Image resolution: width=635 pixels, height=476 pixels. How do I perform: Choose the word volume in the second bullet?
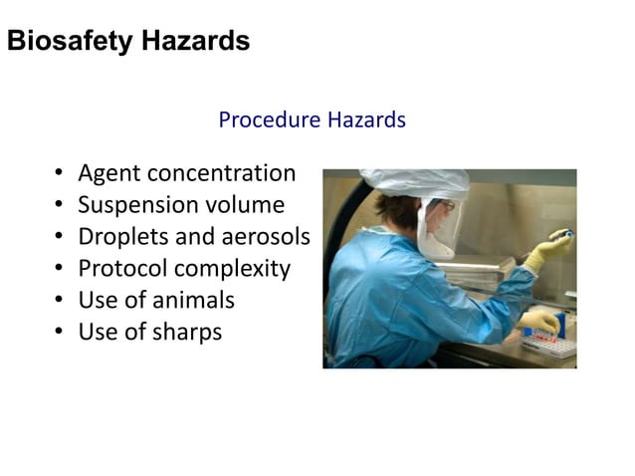[245, 206]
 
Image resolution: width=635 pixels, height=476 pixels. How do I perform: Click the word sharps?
[186, 332]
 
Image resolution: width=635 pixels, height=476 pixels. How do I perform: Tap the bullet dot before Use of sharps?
[60, 333]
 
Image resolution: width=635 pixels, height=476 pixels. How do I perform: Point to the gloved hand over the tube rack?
[538, 320]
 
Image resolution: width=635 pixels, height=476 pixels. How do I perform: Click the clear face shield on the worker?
[440, 230]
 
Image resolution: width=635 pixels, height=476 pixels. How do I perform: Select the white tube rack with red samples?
[550, 345]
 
